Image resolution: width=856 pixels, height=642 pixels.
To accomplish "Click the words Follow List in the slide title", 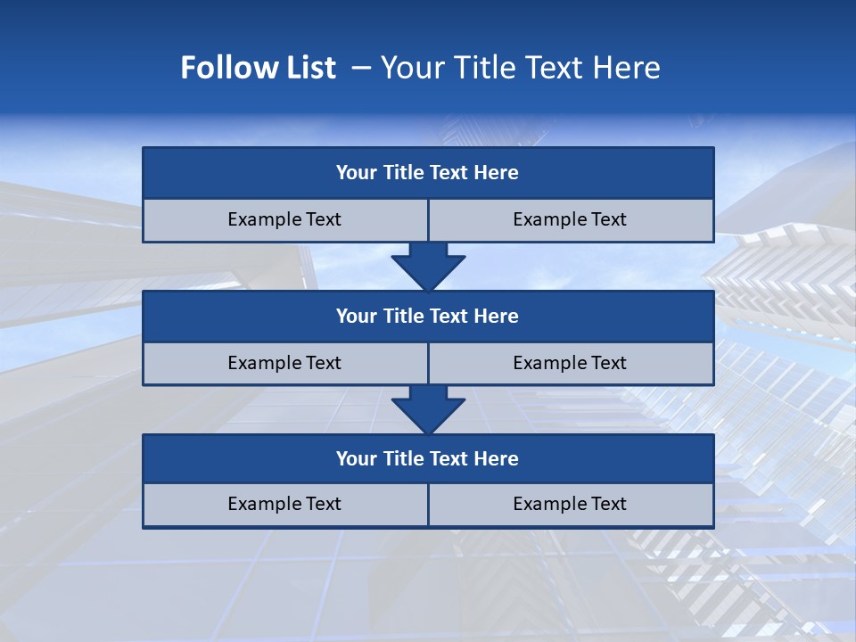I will (x=258, y=68).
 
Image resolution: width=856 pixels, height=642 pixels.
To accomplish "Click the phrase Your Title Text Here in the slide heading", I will (x=520, y=68).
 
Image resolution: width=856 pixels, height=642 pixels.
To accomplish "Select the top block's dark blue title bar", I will (x=428, y=173).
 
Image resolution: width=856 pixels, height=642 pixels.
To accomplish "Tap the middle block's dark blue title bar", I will (x=428, y=316).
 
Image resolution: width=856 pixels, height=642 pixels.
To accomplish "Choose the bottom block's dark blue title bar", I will (x=428, y=458).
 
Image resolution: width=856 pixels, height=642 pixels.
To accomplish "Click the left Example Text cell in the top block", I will (x=284, y=219).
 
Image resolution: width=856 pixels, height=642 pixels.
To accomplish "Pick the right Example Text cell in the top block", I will (x=570, y=219).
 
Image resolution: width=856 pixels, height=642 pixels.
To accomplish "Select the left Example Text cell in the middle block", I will (x=284, y=363).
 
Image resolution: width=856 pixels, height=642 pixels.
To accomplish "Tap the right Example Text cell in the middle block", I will (x=570, y=363).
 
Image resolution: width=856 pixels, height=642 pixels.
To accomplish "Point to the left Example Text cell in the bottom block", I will (x=284, y=504).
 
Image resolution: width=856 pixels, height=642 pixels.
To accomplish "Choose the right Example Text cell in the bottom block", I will (x=570, y=504).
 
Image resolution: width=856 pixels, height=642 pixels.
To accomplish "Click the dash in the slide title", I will (x=361, y=68).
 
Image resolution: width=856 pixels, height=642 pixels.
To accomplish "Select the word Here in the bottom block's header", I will (x=497, y=458).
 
